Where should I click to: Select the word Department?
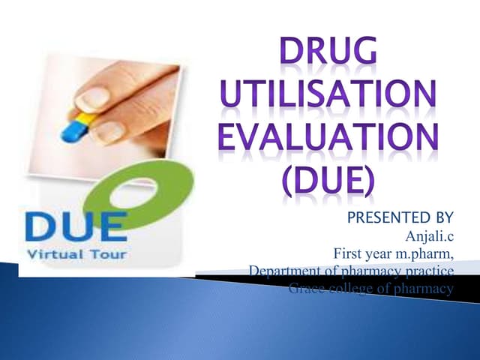pos(284,270)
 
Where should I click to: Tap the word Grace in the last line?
pos(306,288)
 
